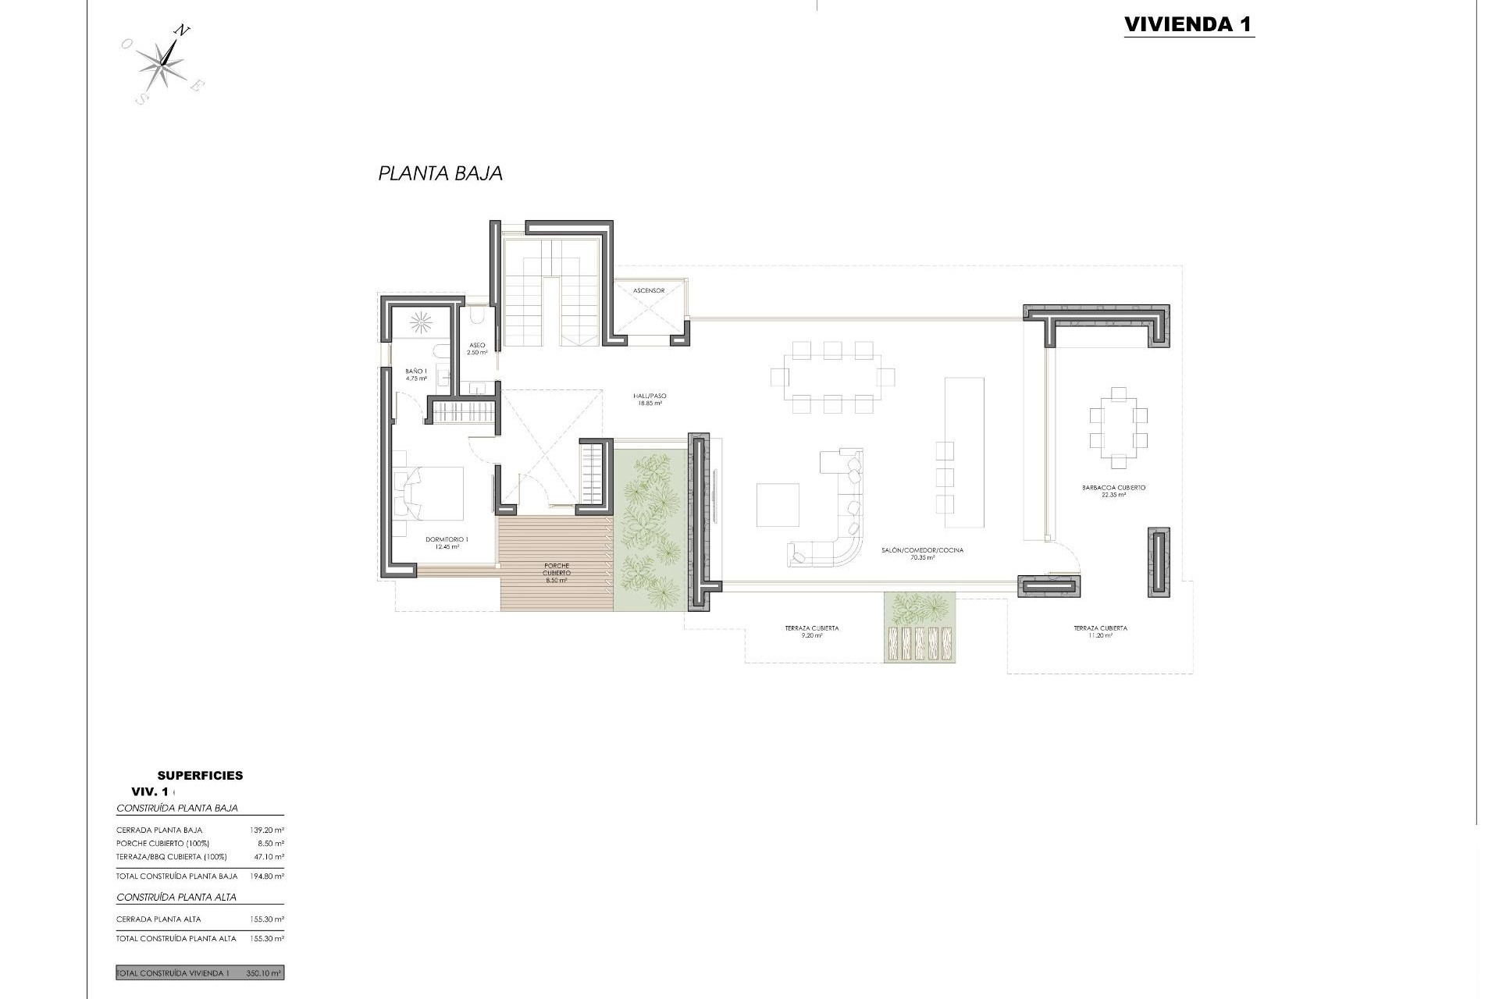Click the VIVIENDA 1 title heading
(x=1188, y=24)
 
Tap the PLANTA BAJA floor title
(x=440, y=173)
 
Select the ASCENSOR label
(x=649, y=290)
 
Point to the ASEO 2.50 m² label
(x=477, y=349)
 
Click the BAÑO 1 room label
(x=416, y=375)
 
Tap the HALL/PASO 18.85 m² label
(x=650, y=400)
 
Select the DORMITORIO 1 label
(x=447, y=542)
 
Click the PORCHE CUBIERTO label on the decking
(x=556, y=573)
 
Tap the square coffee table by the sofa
(x=778, y=505)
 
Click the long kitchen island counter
(x=964, y=452)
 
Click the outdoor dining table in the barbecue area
(x=1118, y=427)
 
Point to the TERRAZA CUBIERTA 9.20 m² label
(x=812, y=631)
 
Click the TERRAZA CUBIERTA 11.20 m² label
(x=1100, y=631)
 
